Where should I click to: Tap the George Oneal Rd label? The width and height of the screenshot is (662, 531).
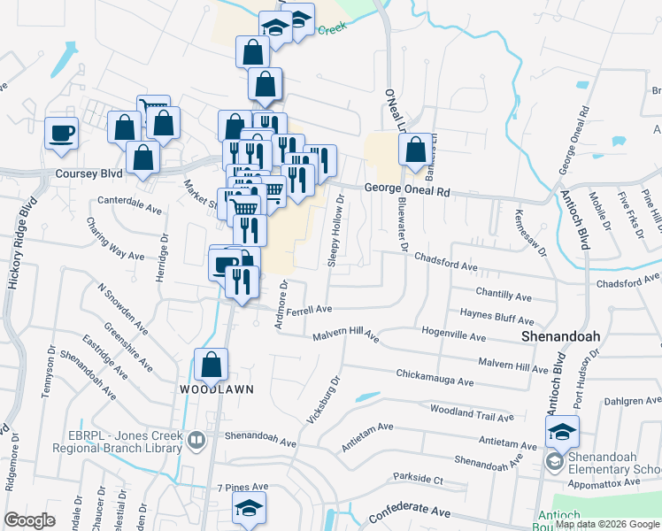(408, 189)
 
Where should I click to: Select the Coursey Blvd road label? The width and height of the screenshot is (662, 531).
(88, 173)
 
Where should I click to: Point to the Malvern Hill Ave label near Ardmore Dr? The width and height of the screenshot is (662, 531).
(345, 336)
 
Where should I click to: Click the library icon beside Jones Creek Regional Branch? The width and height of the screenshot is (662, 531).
(196, 437)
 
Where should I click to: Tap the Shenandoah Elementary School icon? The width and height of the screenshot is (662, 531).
(554, 460)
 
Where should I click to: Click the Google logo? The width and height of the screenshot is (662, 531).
(30, 519)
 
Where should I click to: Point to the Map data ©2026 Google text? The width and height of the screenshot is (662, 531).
(607, 524)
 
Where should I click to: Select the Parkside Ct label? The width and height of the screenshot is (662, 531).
(419, 480)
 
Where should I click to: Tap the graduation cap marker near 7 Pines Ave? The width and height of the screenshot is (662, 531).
(249, 508)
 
